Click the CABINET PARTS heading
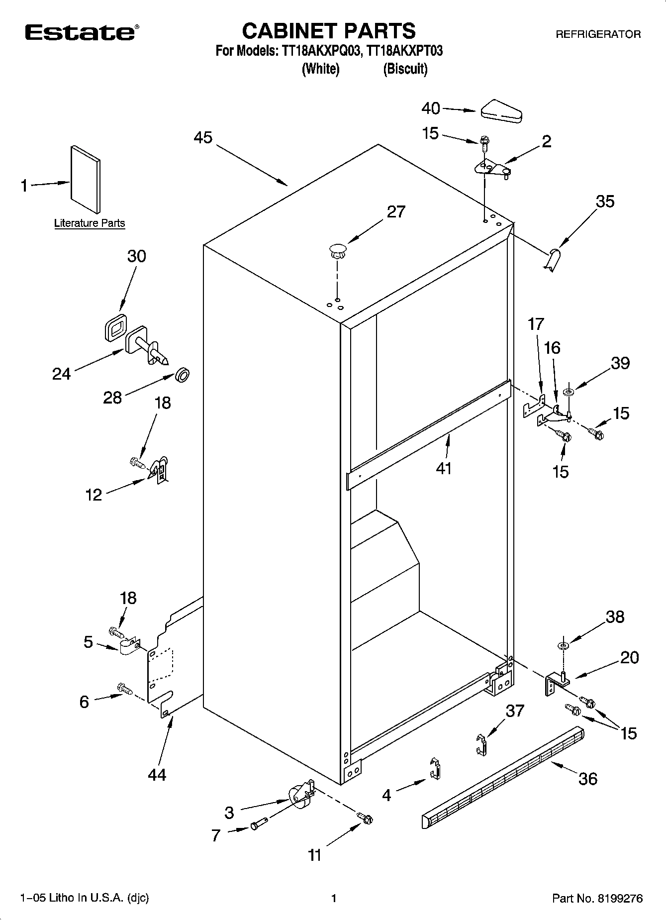pos(329,31)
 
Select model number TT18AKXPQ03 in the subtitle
pos(318,51)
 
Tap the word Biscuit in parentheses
pos(405,69)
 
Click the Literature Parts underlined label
pos(90,223)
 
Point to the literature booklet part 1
pos(86,180)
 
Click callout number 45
pos(203,137)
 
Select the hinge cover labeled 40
pos(501,112)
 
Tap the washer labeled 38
pos(563,646)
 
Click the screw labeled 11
pos(366,818)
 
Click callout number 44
pos(157,774)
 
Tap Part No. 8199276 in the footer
pos(597,899)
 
